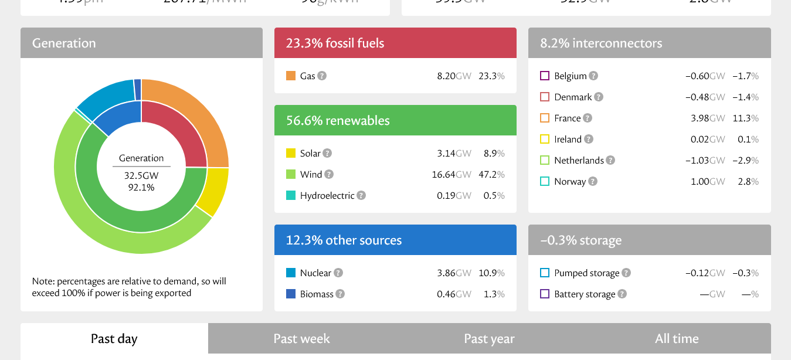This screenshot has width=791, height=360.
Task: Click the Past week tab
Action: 301,339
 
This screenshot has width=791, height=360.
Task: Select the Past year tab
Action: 489,339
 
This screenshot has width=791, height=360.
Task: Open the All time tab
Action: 677,339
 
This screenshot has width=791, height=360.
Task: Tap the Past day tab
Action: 114,339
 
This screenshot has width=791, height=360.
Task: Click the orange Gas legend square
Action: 291,76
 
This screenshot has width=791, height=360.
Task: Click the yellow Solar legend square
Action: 291,153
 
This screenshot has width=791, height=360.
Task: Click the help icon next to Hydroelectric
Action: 361,195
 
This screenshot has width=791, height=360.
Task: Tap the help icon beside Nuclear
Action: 338,273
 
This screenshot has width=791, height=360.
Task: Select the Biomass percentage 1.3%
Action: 494,294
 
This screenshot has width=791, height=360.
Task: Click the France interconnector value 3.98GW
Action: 708,118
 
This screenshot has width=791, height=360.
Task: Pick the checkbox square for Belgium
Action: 545,76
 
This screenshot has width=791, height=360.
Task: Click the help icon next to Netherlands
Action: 610,160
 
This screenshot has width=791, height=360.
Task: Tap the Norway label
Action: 569,181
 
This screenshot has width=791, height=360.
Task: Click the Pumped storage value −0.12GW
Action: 705,273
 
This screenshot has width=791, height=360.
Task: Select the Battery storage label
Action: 585,294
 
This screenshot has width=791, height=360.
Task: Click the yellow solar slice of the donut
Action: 215,191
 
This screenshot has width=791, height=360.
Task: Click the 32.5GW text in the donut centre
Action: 141,175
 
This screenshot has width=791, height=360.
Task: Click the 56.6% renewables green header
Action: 395,120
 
